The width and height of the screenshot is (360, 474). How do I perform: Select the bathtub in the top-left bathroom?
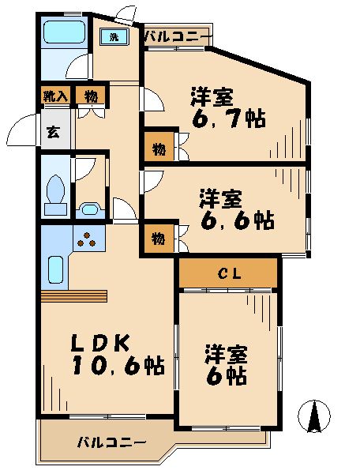[x=63, y=33]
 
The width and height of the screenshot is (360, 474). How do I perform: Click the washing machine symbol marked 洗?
[x=113, y=37]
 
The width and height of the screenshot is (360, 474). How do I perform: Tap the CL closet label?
[x=228, y=274]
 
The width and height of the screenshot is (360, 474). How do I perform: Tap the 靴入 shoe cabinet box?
[x=55, y=96]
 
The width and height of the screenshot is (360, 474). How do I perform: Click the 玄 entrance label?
[x=51, y=132]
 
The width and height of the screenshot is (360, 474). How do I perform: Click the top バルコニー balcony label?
[x=178, y=36]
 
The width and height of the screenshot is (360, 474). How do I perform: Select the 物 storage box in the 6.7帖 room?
[x=158, y=147]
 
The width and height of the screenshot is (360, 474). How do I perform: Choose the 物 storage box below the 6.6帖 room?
[x=158, y=238]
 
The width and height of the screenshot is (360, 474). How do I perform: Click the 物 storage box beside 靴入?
[x=91, y=96]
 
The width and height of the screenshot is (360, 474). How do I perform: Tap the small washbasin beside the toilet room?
[x=88, y=210]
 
